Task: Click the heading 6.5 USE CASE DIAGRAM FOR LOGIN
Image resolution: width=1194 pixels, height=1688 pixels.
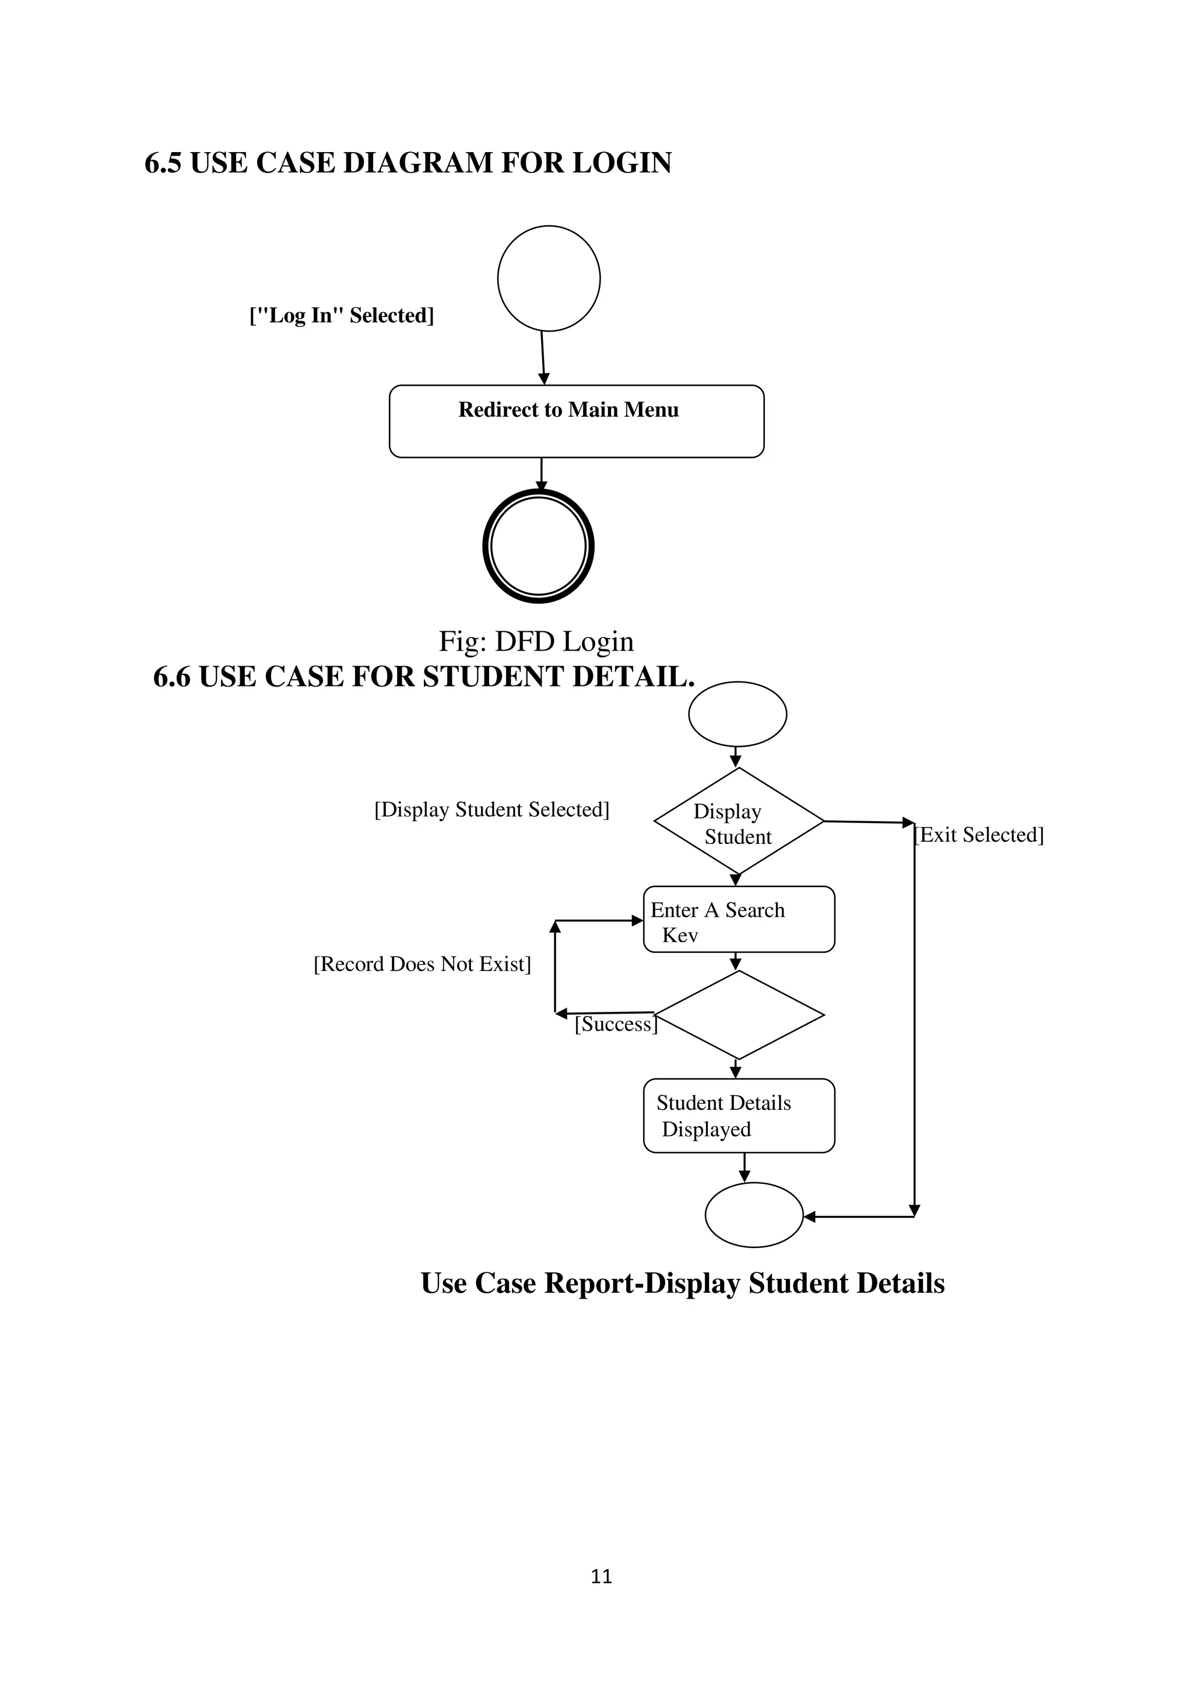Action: pyautogui.click(x=408, y=163)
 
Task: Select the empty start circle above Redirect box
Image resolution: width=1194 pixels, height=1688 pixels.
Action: pyautogui.click(x=549, y=278)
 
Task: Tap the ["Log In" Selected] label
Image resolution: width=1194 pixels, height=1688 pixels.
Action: pyautogui.click(x=342, y=315)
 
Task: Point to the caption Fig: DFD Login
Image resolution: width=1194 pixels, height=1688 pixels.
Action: pyautogui.click(x=536, y=641)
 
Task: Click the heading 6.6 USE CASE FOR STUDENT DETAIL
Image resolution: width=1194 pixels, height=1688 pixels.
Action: pyautogui.click(x=423, y=676)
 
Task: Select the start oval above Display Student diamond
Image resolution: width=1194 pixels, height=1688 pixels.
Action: pyautogui.click(x=738, y=714)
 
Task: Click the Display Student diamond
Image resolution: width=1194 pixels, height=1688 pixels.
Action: pyautogui.click(x=738, y=822)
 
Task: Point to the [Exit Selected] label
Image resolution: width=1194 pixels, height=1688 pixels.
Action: pyautogui.click(x=979, y=835)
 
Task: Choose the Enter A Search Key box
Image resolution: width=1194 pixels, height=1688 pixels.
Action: pyautogui.click(x=739, y=920)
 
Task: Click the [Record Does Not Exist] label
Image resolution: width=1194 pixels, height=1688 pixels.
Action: pyautogui.click(x=422, y=964)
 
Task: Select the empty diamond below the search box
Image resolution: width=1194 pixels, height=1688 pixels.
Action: pyautogui.click(x=739, y=1015)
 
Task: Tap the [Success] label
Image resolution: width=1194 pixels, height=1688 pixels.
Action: pyautogui.click(x=616, y=1024)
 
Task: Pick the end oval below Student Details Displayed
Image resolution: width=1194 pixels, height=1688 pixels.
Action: pyautogui.click(x=754, y=1215)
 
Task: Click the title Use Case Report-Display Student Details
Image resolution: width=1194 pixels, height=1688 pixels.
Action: pyautogui.click(x=682, y=1283)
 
